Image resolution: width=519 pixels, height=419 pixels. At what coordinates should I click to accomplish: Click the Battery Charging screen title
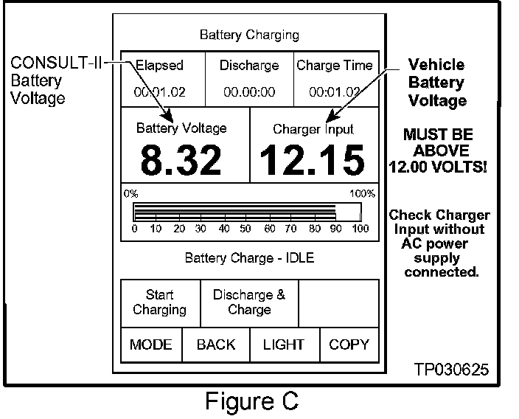pos(249,35)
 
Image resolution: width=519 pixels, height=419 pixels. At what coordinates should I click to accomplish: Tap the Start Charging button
pos(159,302)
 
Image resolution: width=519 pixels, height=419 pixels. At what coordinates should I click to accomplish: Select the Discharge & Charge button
pos(249,302)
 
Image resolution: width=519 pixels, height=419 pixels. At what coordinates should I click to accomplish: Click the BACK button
pos(216,344)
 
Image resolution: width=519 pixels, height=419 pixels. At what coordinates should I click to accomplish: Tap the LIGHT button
pos(284,344)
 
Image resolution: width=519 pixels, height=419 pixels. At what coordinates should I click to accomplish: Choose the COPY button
pos(349,344)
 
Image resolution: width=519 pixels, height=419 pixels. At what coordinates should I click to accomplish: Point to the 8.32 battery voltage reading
pos(181,160)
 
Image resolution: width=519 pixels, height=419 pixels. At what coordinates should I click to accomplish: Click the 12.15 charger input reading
pos(313,160)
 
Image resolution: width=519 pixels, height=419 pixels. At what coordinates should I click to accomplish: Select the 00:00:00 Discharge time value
pos(249,92)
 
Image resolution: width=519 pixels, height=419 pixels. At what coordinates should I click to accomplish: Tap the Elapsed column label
pos(159,66)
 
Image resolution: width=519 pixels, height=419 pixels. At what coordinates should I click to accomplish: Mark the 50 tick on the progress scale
pos(247,229)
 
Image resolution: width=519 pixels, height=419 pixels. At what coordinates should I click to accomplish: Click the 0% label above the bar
pos(131,194)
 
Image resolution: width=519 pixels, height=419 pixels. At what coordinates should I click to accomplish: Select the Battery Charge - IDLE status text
pos(249,258)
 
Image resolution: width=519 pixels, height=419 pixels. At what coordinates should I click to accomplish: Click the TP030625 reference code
pos(451,370)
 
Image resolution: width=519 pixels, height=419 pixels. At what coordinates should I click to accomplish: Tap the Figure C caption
pos(251,401)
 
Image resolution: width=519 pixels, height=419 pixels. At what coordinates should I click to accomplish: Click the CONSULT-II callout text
pos(55,64)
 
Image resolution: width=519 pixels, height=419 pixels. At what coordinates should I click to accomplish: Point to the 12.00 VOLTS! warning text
pos(439,166)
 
